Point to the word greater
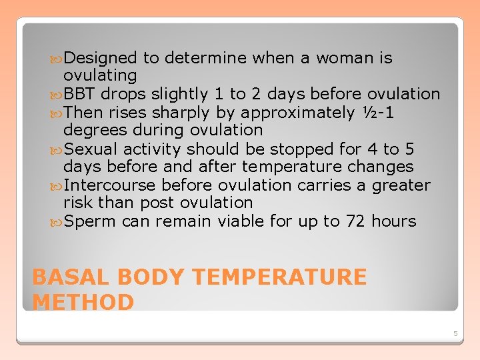[x=398, y=185]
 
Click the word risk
[x=77, y=203]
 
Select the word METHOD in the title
[x=83, y=302]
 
